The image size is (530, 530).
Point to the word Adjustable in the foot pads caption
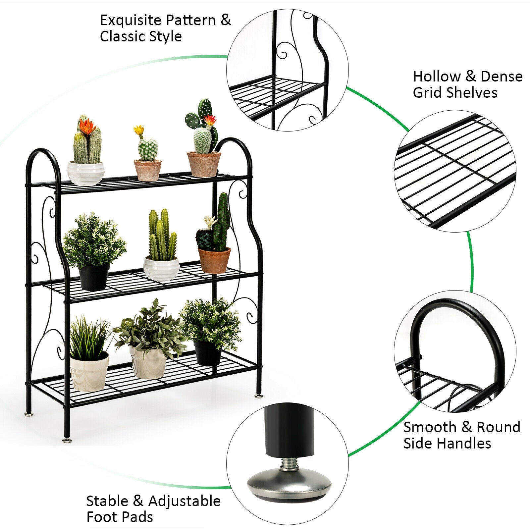click(184, 501)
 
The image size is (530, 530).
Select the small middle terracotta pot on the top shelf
click(147, 170)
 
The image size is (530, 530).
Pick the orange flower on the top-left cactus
click(88, 127)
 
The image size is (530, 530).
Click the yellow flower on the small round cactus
click(139, 130)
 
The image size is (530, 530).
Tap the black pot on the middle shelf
click(94, 276)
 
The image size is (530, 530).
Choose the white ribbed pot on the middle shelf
click(161, 269)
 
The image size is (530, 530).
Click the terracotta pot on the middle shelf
click(214, 260)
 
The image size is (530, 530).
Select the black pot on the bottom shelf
click(207, 353)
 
